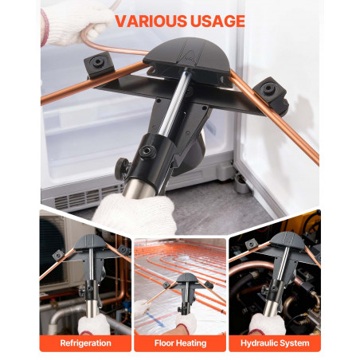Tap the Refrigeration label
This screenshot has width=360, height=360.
coord(85,343)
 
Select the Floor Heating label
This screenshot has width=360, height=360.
coord(180,343)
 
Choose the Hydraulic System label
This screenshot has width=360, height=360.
coord(275,343)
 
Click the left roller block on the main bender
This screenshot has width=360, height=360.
coord(99,65)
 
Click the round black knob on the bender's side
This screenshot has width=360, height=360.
coord(122,168)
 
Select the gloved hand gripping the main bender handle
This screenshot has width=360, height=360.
coord(135,213)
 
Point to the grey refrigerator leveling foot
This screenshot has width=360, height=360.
coord(241,182)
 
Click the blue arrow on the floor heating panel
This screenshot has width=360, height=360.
coord(155,319)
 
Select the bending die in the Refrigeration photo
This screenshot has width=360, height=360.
coord(91,241)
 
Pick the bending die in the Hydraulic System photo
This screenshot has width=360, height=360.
coord(288,240)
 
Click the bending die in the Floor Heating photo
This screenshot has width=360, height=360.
coord(187,278)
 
